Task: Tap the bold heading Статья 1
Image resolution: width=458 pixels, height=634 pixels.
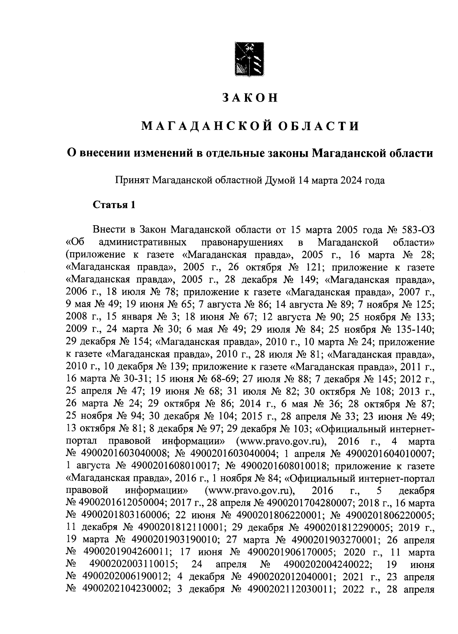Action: click(x=114, y=205)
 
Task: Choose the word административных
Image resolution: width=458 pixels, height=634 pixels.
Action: click(x=143, y=242)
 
